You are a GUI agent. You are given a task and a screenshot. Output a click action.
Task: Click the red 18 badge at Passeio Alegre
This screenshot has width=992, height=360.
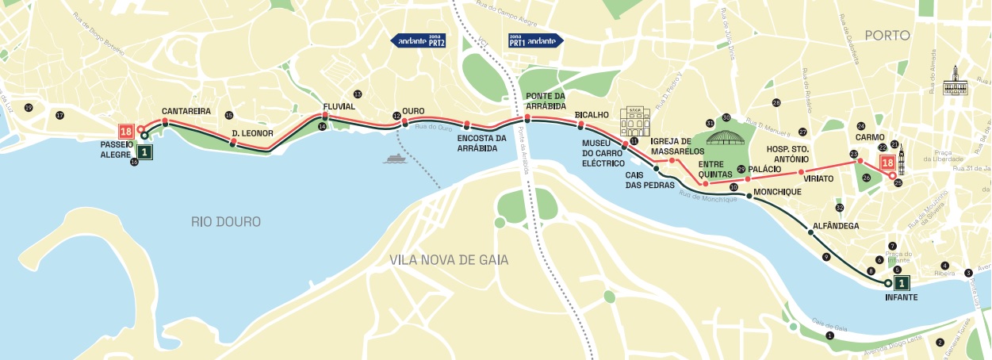tap(124, 132)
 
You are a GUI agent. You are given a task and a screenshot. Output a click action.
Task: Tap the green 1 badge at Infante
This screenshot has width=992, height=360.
tap(902, 282)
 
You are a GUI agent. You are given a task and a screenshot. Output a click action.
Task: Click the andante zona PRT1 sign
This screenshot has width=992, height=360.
tap(534, 40)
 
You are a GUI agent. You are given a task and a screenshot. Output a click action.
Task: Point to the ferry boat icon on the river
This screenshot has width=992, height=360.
tap(394, 158)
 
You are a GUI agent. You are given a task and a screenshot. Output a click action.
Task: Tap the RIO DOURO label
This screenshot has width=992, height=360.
tap(225, 221)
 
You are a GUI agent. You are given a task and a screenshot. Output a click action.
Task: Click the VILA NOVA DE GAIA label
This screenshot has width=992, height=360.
tap(449, 260)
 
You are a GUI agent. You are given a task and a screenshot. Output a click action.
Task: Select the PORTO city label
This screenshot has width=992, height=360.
tap(887, 35)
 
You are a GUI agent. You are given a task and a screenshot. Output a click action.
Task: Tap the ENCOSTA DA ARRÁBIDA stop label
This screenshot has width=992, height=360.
tap(482, 143)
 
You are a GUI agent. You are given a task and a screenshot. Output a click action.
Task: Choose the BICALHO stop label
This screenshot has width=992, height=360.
tap(592, 115)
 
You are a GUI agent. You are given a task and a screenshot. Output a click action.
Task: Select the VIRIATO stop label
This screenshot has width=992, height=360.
tap(818, 179)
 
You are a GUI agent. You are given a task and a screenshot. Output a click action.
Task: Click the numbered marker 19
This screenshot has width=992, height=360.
tap(29, 108)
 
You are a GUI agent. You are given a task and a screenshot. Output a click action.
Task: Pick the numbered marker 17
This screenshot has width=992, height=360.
tap(59, 116)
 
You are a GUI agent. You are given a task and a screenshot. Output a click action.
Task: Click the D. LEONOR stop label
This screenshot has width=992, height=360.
tap(252, 133)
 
